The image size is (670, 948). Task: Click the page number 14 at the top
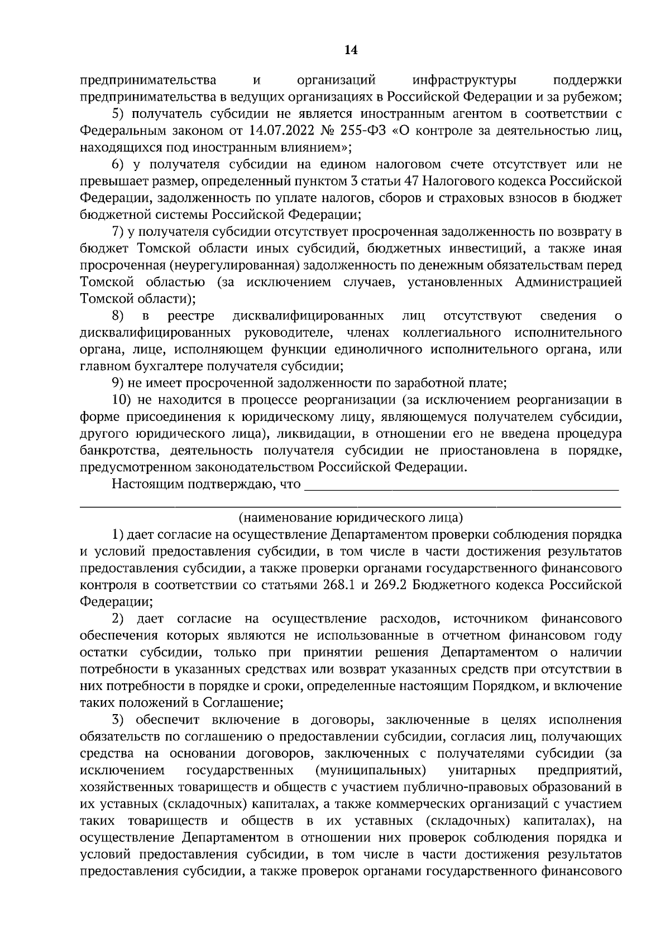click(351, 50)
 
